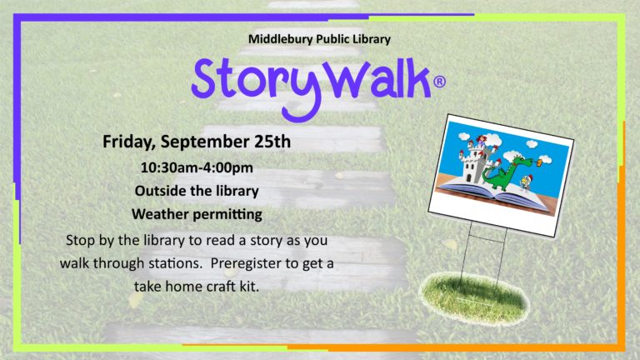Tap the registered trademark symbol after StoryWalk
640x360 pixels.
tap(439, 82)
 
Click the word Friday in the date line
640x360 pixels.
tap(129, 142)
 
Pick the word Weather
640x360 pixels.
tap(160, 214)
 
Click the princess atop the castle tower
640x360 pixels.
tap(482, 140)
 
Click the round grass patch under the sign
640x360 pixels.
tap(474, 298)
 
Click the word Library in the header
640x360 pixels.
tap(372, 40)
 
